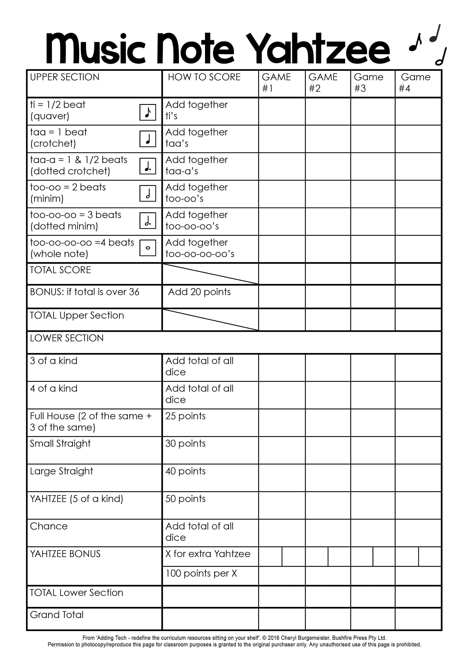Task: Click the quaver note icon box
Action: click(148, 112)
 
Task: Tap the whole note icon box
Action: click(148, 248)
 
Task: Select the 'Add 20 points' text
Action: click(199, 292)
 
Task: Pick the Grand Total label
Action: click(57, 615)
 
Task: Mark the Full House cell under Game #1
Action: click(282, 422)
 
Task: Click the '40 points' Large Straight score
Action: click(185, 471)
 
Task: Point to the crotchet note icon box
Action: click(148, 139)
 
